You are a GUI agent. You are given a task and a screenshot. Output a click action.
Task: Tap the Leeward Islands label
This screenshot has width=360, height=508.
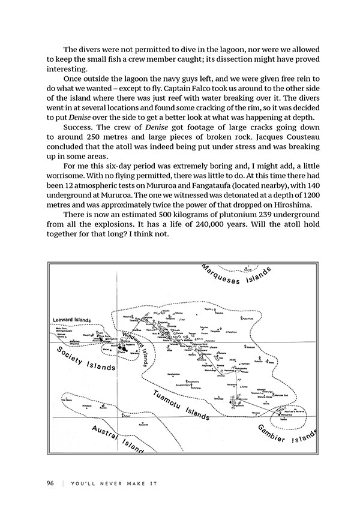[71, 320]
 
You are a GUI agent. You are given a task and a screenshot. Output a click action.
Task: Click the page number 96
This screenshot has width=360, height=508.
[51, 483]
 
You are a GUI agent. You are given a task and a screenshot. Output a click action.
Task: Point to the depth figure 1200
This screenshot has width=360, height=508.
[303, 196]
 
